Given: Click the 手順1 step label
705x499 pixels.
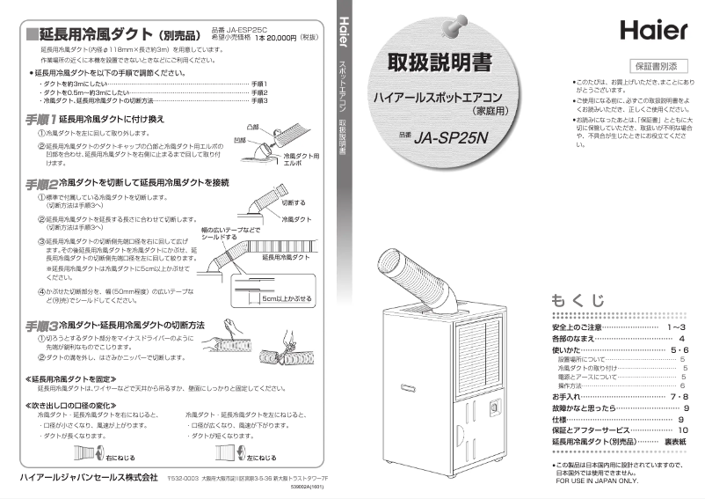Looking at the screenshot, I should [x=40, y=118].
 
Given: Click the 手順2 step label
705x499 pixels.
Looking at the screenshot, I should [x=40, y=183].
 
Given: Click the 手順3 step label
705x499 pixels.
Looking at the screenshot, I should [x=40, y=326].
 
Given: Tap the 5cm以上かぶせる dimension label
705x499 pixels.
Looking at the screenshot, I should [x=282, y=299].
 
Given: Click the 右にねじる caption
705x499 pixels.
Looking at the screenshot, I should [x=120, y=458].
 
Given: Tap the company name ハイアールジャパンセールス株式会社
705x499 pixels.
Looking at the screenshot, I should [x=83, y=478].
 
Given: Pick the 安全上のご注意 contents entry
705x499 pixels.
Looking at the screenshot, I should [x=577, y=327].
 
